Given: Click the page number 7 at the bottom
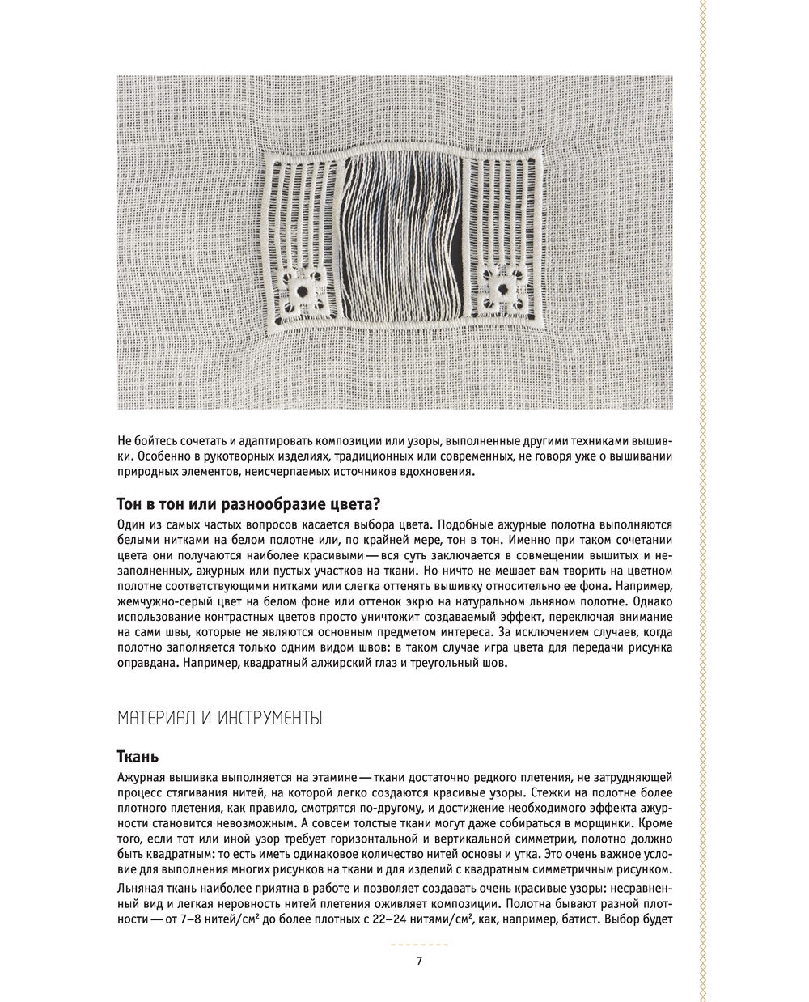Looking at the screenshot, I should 418,961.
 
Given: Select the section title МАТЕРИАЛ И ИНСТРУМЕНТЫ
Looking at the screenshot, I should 220,717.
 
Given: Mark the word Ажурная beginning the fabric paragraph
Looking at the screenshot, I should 142,777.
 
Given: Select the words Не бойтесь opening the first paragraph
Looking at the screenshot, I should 146,441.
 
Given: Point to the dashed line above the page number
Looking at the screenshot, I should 418,945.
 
